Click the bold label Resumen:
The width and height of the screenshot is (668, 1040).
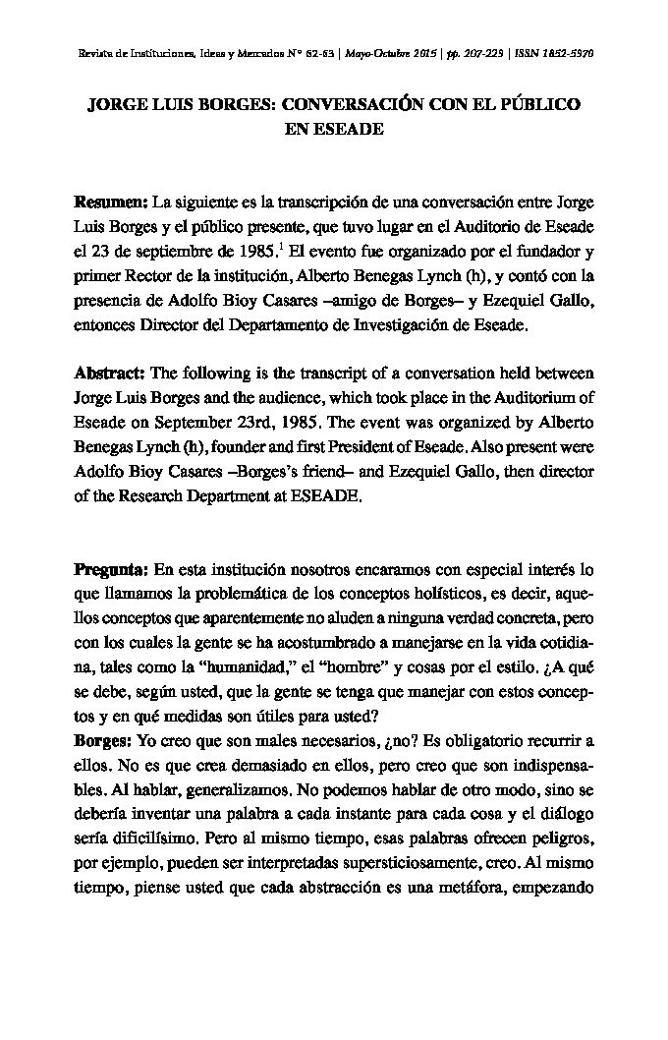pos(110,202)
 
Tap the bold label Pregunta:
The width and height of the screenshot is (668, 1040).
pos(111,570)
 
